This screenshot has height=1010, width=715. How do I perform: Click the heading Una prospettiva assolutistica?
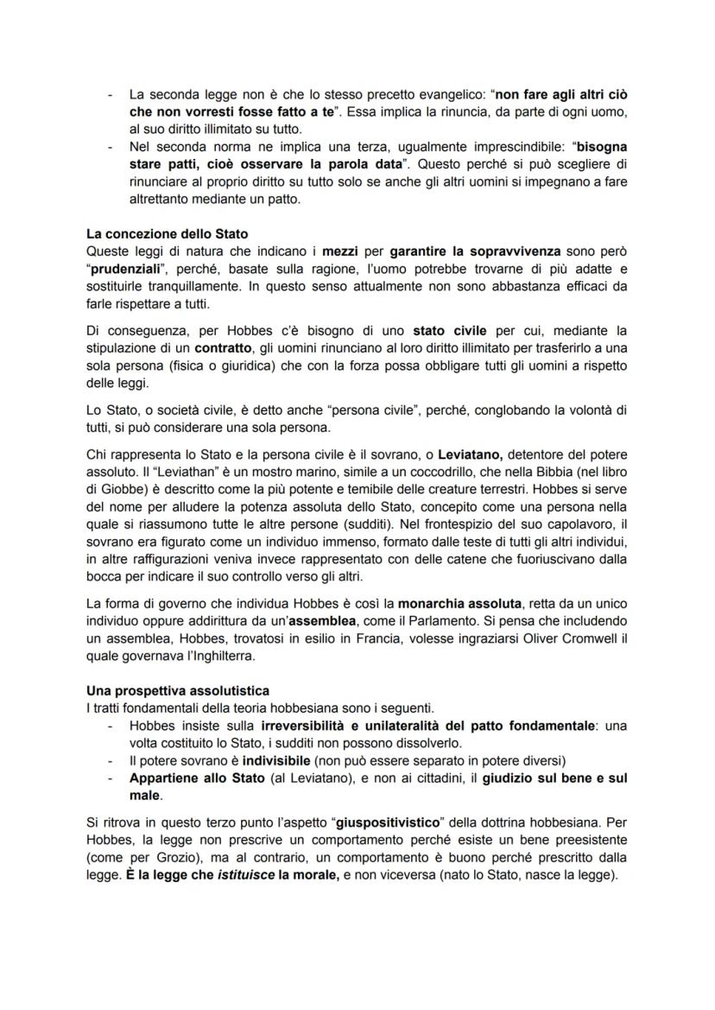tap(177, 690)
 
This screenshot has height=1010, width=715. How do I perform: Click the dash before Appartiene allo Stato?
tap(109, 778)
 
